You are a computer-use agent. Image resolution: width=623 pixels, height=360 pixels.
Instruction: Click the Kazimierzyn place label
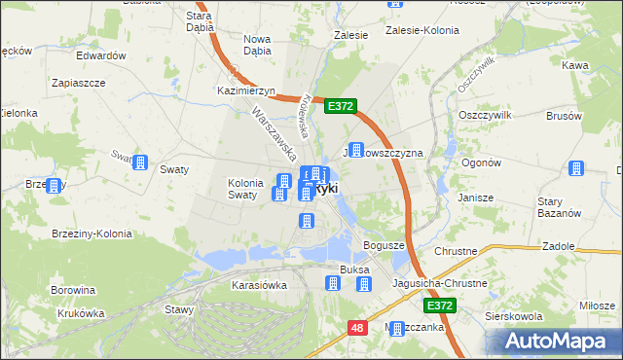(244, 90)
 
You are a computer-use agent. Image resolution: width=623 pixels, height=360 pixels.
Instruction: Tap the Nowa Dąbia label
(257, 45)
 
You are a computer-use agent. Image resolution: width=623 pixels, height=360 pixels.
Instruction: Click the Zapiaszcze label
(79, 84)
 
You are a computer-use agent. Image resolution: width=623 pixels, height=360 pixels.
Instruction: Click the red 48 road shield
(357, 329)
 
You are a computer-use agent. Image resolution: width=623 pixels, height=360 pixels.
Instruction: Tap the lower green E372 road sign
(440, 306)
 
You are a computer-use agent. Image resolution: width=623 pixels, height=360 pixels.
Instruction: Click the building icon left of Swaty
(140, 162)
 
